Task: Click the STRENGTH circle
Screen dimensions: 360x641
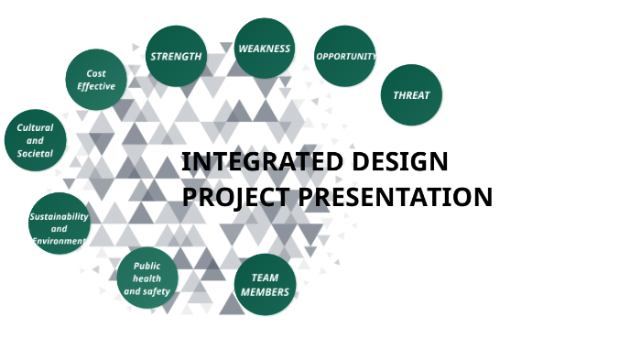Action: [x=176, y=56]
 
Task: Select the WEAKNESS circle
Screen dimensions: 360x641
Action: [x=264, y=49]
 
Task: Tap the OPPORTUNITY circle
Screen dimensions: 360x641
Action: [x=345, y=56]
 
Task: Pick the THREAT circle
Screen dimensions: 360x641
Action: [x=411, y=95]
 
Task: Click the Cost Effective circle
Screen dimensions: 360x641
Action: [x=96, y=80]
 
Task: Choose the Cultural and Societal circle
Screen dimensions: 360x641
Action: [x=36, y=140]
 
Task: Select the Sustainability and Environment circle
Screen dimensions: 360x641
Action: [x=60, y=224]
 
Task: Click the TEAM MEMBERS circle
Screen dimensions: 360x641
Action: [x=265, y=285]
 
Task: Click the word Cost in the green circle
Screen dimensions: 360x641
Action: [x=96, y=73]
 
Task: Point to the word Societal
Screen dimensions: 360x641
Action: [x=36, y=153]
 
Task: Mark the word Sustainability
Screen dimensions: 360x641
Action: [x=60, y=216]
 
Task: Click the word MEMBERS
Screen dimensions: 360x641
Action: [x=265, y=292]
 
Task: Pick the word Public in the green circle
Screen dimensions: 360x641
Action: [x=147, y=266]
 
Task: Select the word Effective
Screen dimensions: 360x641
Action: [x=96, y=87]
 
